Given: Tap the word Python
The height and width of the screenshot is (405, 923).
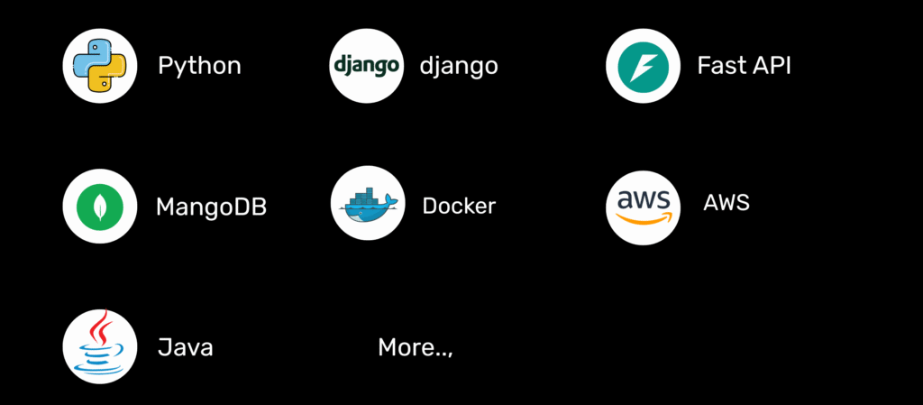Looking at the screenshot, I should pos(199,66).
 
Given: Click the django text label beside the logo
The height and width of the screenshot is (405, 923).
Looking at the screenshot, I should pos(458,66).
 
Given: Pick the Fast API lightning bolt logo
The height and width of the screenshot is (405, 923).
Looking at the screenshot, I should pos(643,65).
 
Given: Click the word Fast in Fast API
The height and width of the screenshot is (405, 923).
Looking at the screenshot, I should pos(716,66).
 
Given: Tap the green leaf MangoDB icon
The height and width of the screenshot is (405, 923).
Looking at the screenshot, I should pos(99,206).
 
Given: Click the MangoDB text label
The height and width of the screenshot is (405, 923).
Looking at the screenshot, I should pos(211,207).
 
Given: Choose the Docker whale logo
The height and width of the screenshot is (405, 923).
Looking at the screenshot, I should pos(367,204).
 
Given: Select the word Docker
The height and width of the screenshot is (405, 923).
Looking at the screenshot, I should pos(459,206).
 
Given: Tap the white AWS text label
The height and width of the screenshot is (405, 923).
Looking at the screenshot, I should pos(726,202).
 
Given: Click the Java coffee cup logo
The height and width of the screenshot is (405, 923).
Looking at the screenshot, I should pos(99,346).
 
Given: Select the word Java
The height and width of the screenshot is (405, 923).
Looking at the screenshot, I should pos(185,347).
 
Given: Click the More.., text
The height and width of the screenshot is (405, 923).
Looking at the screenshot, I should pos(415,347).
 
